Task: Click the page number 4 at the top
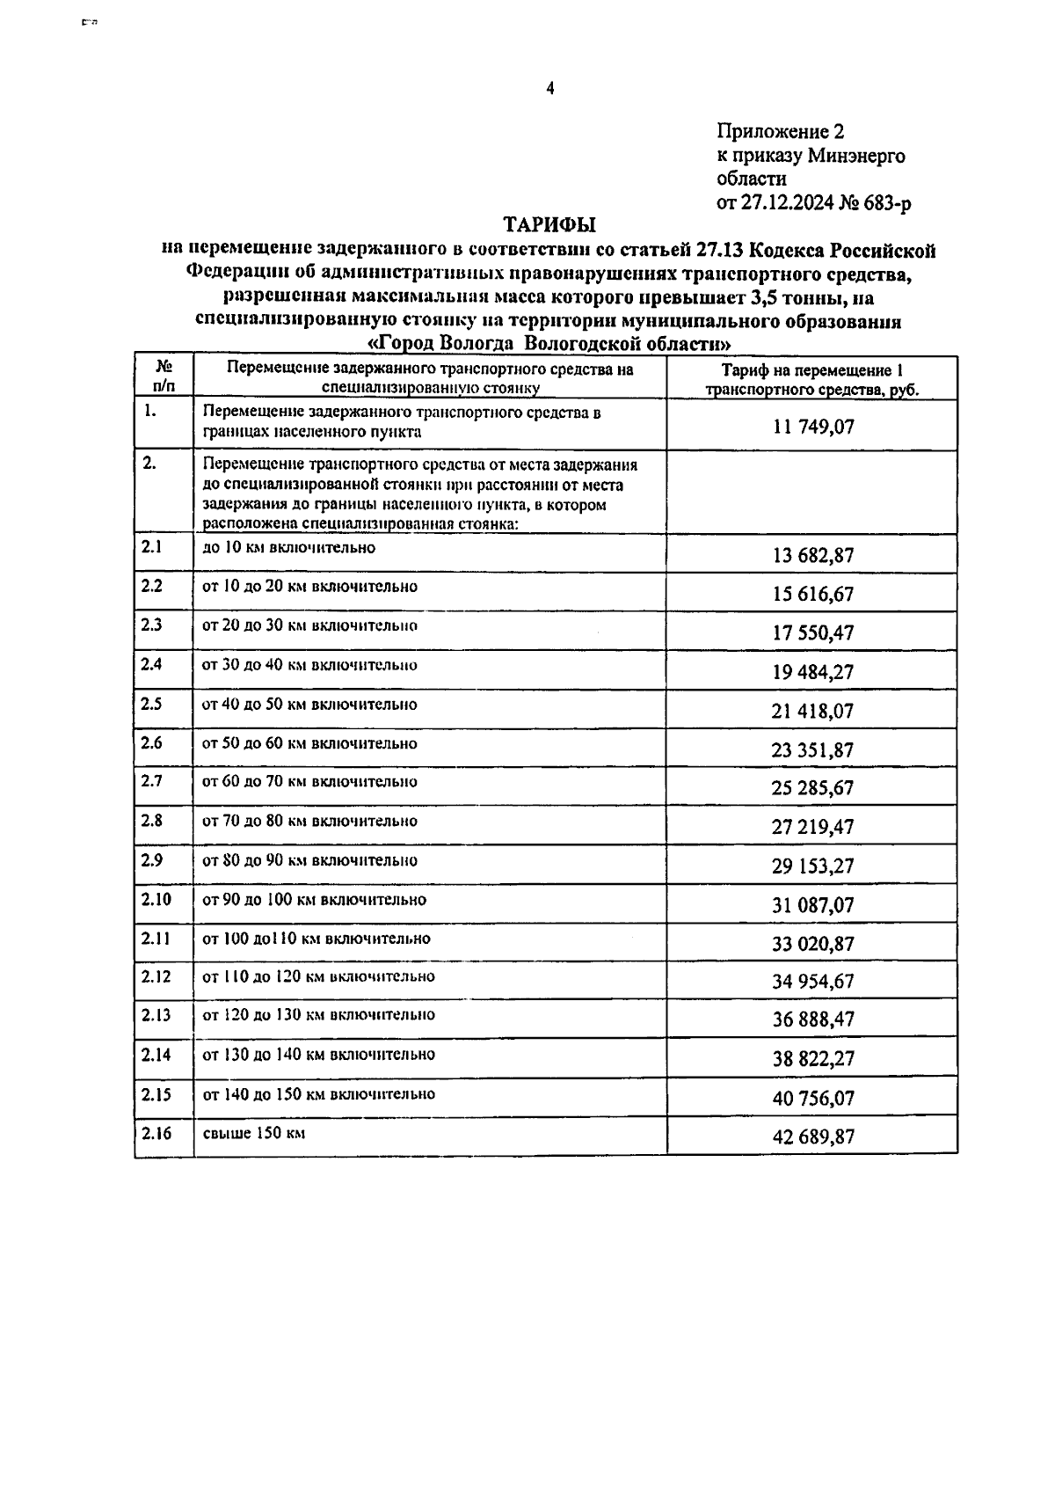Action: pos(550,87)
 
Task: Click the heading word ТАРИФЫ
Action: pos(549,225)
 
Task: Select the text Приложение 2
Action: pos(781,132)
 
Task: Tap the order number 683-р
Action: pos(885,204)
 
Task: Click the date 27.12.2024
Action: pos(786,204)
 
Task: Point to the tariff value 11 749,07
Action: pos(813,428)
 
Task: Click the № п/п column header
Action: pos(164,376)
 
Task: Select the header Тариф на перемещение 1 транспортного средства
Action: pos(812,380)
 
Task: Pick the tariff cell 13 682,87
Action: pos(813,555)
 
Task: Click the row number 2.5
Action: pos(151,704)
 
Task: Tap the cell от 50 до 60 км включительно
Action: pos(309,743)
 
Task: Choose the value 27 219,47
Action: pos(813,827)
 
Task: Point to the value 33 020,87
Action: pos(813,944)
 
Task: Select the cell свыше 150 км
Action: pos(254,1133)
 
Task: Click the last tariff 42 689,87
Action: pos(813,1137)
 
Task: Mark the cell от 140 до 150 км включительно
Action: pos(318,1094)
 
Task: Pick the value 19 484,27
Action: pos(813,672)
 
